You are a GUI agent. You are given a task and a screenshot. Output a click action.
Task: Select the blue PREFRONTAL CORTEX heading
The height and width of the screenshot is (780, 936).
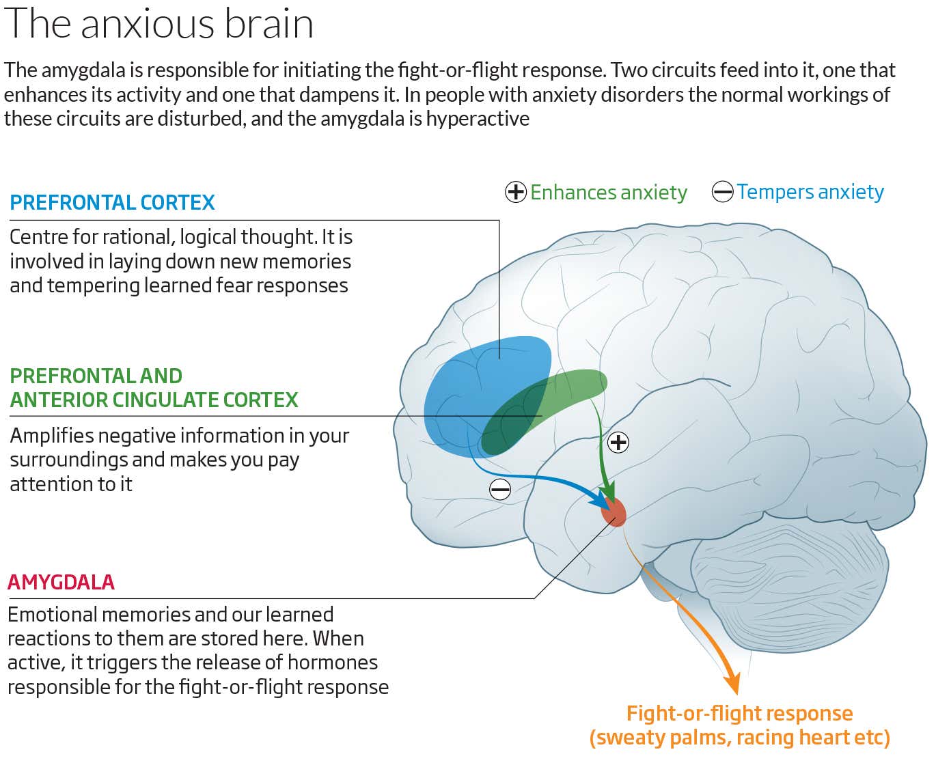(x=112, y=203)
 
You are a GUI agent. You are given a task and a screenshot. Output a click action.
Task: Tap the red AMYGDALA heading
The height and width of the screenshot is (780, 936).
(x=61, y=583)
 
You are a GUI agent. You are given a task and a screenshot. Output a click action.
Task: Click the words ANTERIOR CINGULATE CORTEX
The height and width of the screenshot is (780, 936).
(x=154, y=400)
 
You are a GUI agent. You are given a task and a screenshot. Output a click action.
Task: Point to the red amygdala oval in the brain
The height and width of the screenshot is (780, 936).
(x=614, y=512)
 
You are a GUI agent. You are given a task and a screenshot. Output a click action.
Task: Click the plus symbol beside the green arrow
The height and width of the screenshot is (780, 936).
(x=618, y=443)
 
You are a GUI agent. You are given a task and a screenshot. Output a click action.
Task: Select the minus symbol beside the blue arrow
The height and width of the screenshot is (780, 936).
(x=500, y=489)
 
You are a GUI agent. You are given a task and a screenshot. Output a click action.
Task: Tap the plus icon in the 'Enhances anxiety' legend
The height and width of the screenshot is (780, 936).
(x=516, y=193)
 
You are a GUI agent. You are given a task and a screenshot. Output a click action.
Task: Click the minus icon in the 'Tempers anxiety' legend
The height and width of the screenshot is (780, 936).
(x=722, y=192)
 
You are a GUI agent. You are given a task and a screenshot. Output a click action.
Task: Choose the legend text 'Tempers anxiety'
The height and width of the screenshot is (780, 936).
(x=810, y=192)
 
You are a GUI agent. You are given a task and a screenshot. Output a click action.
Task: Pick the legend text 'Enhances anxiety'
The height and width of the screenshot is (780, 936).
(x=609, y=193)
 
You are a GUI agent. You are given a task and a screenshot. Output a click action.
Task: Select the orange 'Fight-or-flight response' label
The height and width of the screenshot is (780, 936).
(x=739, y=714)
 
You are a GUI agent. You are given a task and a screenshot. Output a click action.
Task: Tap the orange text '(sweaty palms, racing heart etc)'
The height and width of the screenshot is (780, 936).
(x=739, y=738)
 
